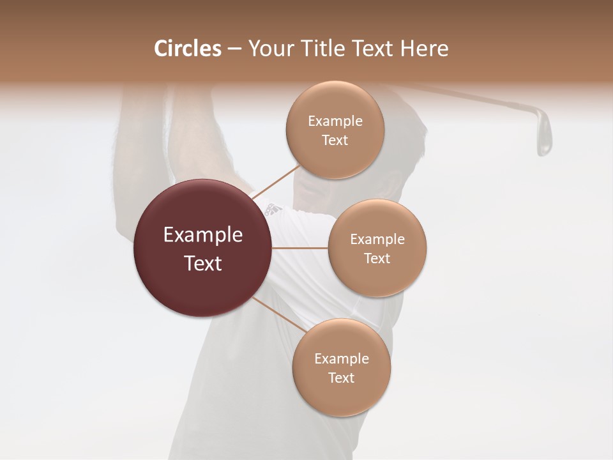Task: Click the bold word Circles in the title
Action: pos(187,49)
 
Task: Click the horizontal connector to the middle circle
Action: pos(299,248)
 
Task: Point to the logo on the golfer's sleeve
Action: pos(274,208)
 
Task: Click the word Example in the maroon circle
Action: pos(202,235)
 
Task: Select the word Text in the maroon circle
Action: pos(202,263)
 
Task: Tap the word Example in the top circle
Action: pos(335,121)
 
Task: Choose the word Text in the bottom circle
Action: pos(341,378)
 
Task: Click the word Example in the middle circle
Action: pos(377,240)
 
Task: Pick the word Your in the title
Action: pos(269,49)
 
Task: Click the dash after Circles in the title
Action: pos(234,49)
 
